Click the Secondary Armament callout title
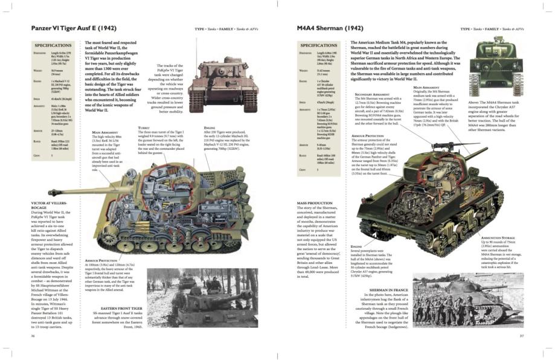[x=372, y=94]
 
